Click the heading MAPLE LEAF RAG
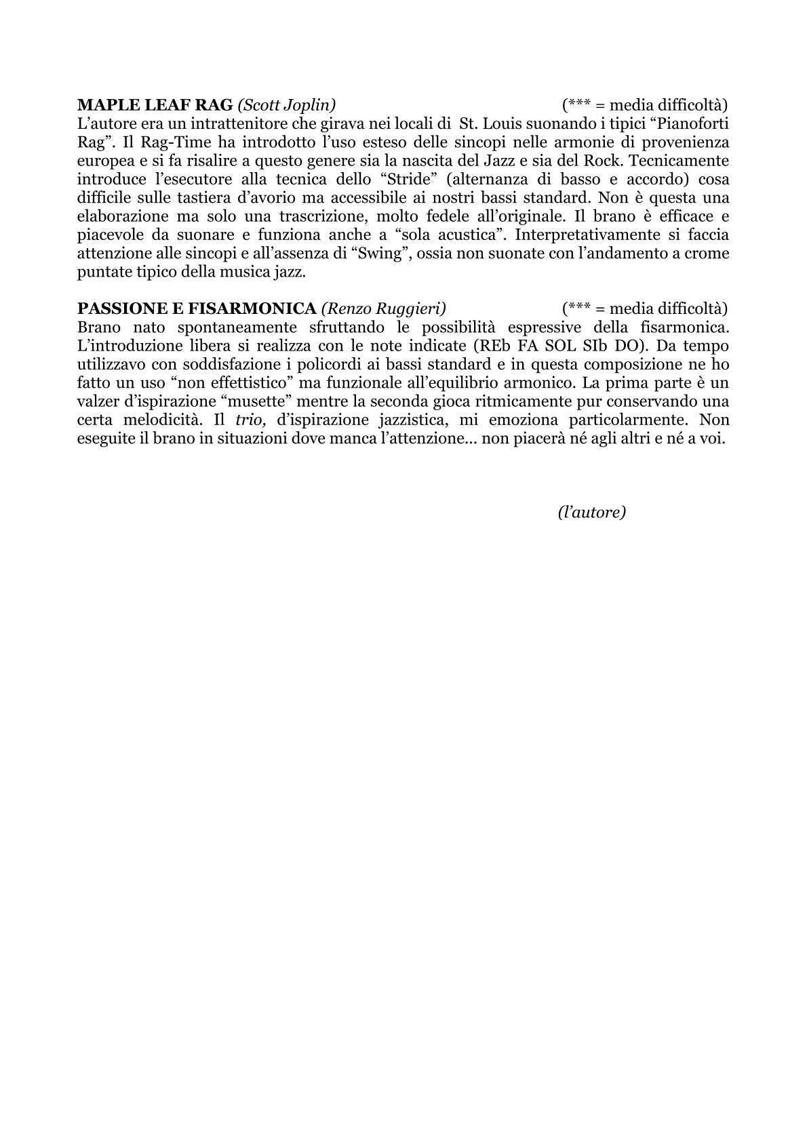point(155,105)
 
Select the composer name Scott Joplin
point(287,105)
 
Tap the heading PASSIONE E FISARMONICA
point(197,308)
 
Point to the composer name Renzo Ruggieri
point(383,308)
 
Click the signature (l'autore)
point(591,512)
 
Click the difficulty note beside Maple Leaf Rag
point(644,105)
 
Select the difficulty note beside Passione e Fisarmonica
point(644,308)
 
